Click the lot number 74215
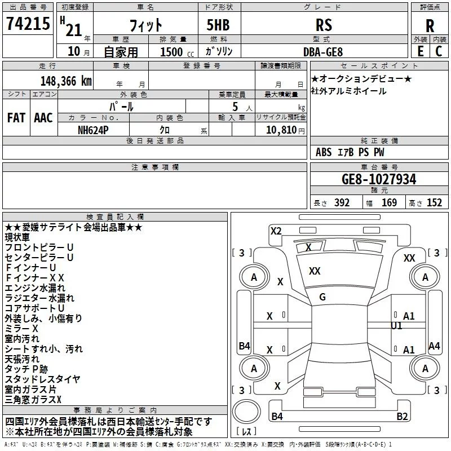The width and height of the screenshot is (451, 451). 28,24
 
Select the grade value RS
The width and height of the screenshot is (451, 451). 324,25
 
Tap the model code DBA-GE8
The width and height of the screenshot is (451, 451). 323,52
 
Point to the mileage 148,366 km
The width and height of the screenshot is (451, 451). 66,81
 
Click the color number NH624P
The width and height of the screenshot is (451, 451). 93,130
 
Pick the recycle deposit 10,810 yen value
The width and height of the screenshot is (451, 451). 285,130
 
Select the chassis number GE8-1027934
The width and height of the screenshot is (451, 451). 379,179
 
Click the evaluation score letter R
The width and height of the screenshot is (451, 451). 430,26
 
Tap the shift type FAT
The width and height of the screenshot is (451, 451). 16,118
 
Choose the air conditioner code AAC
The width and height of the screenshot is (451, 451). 43,118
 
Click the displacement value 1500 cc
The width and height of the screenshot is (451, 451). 177,52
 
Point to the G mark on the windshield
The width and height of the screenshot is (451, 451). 322,297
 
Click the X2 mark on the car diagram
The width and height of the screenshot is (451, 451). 276,231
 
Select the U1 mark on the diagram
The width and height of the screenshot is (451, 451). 396,326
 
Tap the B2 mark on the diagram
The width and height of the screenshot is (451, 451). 402,416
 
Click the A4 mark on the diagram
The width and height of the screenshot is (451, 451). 434,346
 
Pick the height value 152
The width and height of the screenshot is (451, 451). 434,202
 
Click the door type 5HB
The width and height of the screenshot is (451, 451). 218,25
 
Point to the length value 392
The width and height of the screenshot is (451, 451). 342,202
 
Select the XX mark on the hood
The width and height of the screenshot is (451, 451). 315,271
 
